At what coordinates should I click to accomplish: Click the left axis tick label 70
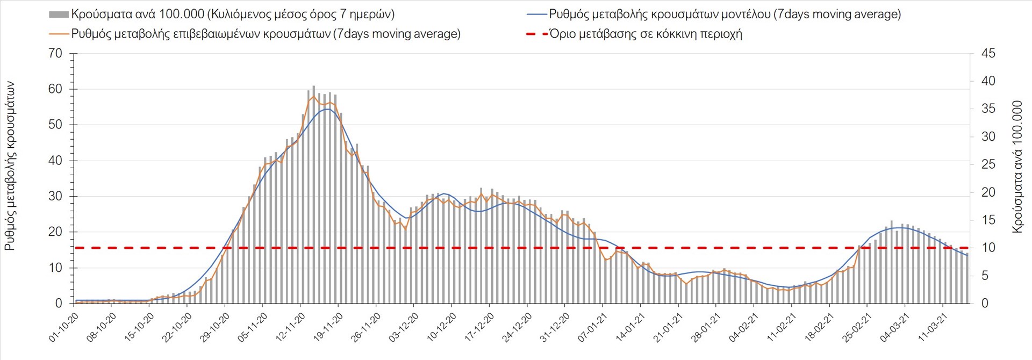(x=55, y=54)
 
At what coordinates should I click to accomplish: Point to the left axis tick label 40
(x=55, y=161)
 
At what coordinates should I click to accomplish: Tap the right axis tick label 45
(x=988, y=54)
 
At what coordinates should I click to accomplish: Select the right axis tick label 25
(x=988, y=164)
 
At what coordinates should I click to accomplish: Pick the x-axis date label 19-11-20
(x=328, y=327)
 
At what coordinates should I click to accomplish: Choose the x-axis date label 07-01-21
(x=593, y=327)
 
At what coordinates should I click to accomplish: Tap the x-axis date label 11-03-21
(x=933, y=327)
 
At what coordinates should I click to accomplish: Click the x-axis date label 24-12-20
(x=517, y=327)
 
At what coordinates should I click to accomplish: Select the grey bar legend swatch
(x=59, y=15)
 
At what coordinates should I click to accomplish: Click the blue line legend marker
(x=536, y=15)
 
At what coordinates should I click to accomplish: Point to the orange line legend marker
(x=59, y=34)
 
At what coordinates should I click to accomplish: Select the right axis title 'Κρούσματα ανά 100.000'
(x=1017, y=167)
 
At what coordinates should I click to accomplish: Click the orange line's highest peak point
(x=314, y=97)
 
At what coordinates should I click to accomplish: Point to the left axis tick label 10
(x=55, y=268)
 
